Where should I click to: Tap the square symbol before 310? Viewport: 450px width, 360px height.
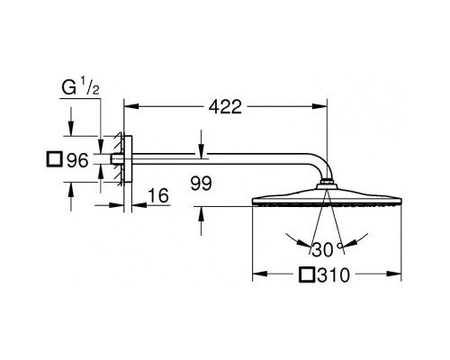[310, 274]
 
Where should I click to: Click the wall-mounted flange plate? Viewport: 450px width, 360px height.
[129, 161]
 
